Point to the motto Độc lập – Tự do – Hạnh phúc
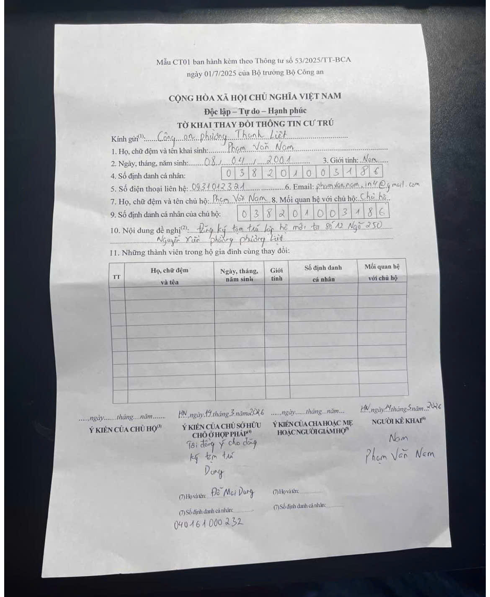click(x=255, y=111)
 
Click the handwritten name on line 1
click(x=260, y=147)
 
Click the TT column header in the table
click(x=117, y=277)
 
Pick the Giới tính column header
click(x=276, y=274)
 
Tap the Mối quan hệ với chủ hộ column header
click(x=382, y=272)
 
